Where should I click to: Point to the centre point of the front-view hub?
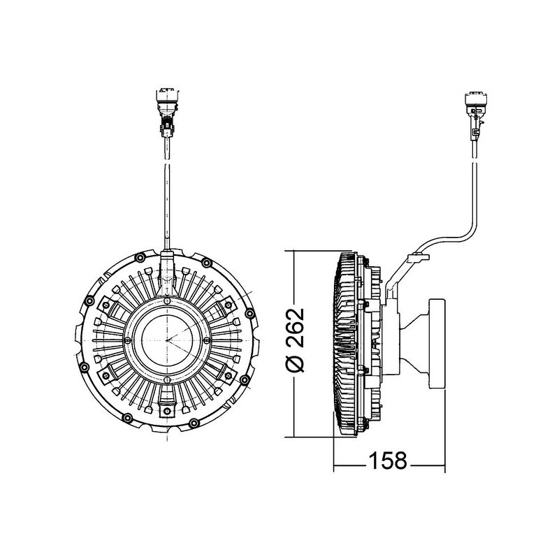click(x=168, y=339)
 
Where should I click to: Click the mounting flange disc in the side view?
click(x=435, y=342)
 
